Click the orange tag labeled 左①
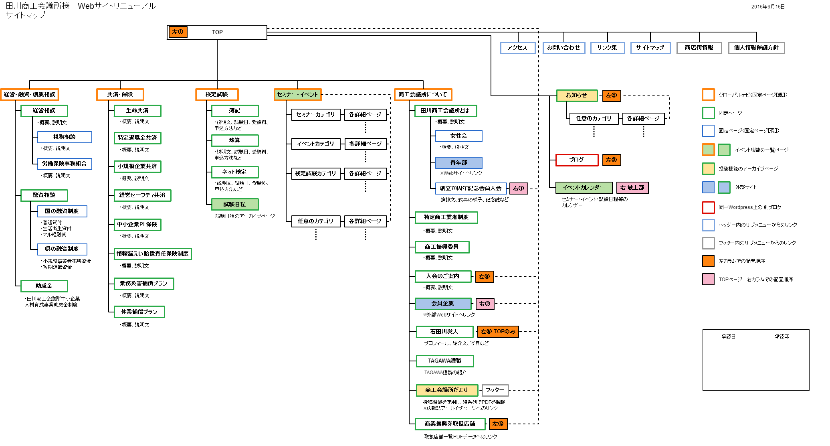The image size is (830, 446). click(x=178, y=32)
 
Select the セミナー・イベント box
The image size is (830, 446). click(x=297, y=95)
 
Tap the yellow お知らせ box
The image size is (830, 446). click(x=577, y=95)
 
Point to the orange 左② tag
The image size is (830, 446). click(x=612, y=95)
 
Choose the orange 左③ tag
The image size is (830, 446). click(x=612, y=160)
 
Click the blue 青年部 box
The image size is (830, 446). click(x=458, y=163)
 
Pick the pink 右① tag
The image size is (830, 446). click(x=519, y=189)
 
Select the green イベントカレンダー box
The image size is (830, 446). click(x=584, y=188)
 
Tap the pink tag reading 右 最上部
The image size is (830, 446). click(x=632, y=188)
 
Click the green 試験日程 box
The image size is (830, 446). click(x=235, y=205)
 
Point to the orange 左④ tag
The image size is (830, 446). click(x=485, y=277)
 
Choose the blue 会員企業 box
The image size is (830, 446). click(x=443, y=304)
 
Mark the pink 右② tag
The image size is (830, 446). click(x=485, y=304)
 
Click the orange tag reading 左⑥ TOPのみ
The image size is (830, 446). click(x=498, y=332)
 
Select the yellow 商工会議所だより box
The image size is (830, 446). click(x=447, y=390)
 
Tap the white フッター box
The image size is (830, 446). click(x=495, y=390)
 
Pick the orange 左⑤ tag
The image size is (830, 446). click(x=498, y=424)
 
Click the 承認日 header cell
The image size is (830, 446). click(x=729, y=337)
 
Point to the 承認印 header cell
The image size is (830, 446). click(x=782, y=337)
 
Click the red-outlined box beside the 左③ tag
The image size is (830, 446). click(x=577, y=160)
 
